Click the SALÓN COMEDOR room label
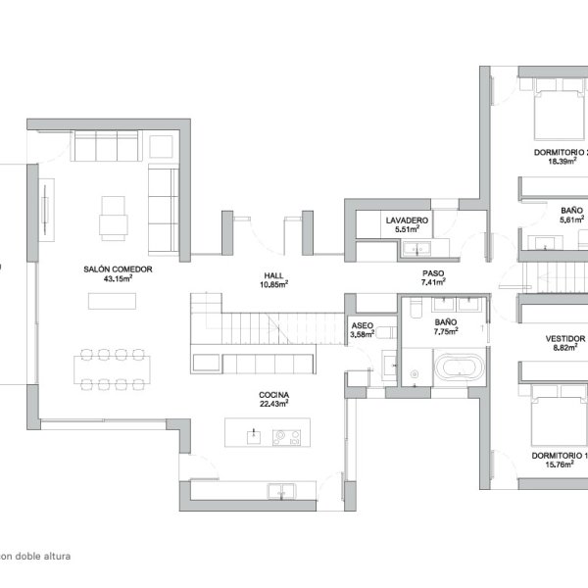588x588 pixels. pyautogui.click(x=118, y=269)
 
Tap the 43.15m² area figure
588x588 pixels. pyautogui.click(x=118, y=278)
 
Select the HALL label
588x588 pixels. pyautogui.click(x=273, y=275)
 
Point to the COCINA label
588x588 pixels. pyautogui.click(x=273, y=395)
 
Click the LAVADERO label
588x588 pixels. pyautogui.click(x=407, y=220)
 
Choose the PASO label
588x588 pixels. pyautogui.click(x=433, y=273)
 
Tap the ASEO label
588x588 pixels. pyautogui.click(x=363, y=325)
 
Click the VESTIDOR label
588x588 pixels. pyautogui.click(x=565, y=339)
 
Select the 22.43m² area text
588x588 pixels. pyautogui.click(x=273, y=404)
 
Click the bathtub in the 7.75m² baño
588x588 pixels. pyautogui.click(x=459, y=366)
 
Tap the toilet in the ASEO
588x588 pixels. pyautogui.click(x=386, y=332)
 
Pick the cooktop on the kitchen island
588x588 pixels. pyautogui.click(x=286, y=437)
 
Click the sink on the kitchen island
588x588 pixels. pyautogui.click(x=254, y=437)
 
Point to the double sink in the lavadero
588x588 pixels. pyautogui.click(x=416, y=248)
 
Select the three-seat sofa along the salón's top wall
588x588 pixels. pyautogui.click(x=107, y=146)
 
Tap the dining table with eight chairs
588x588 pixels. pyautogui.click(x=112, y=369)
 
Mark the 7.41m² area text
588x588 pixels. pyautogui.click(x=433, y=282)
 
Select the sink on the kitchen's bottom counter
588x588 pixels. pyautogui.click(x=281, y=491)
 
